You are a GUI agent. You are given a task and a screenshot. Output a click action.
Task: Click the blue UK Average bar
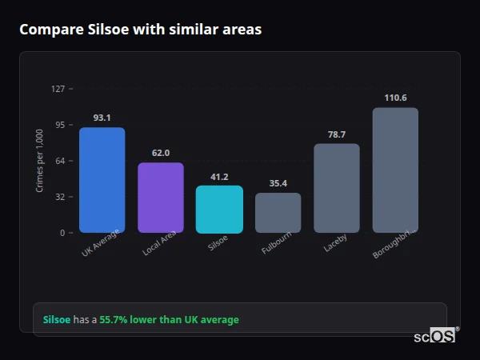coord(102,180)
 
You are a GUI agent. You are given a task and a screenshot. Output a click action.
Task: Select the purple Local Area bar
coord(161,198)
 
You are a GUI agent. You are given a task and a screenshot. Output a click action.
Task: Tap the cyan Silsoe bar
coord(219,209)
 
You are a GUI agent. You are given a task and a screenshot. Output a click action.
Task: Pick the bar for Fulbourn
coord(278,213)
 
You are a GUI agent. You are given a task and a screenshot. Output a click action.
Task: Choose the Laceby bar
coord(337,188)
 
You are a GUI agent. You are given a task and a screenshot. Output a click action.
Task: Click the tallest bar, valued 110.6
coord(395,170)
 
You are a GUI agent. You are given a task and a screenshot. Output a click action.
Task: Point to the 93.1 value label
coord(102,118)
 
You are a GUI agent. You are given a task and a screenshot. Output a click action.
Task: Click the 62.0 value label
coord(161,153)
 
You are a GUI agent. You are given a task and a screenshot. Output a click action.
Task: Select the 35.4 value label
coord(278,183)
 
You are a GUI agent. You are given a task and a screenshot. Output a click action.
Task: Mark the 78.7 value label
coord(337,134)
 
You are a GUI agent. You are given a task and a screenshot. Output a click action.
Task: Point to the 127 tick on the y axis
coord(58,89)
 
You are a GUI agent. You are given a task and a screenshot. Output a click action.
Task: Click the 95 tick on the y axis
coord(60,125)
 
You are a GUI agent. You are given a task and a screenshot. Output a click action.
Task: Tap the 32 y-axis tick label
coord(60,197)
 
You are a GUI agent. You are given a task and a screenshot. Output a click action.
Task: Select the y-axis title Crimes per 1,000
coord(40,161)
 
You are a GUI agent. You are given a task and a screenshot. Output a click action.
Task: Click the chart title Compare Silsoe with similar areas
coord(140,30)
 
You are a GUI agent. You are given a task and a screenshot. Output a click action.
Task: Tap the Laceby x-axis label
coord(336,243)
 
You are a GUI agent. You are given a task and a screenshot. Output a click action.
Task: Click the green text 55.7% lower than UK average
coord(169,320)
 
